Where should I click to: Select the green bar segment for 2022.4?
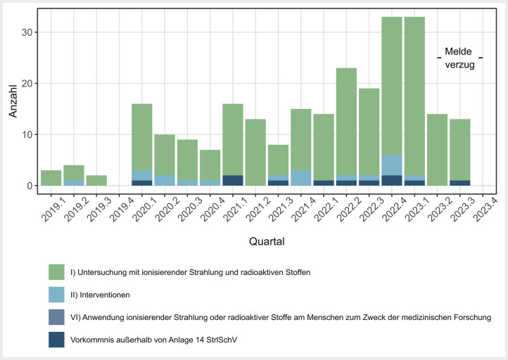click(x=392, y=86)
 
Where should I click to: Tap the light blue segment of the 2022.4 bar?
click(x=392, y=165)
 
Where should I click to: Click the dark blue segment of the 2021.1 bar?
click(x=233, y=180)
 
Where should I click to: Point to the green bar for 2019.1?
click(x=51, y=178)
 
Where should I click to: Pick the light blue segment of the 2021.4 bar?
click(x=301, y=178)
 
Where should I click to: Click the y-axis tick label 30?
click(x=27, y=32)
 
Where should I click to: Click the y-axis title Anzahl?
click(x=13, y=101)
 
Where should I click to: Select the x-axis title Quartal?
click(x=267, y=241)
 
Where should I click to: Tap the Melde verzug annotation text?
click(x=459, y=58)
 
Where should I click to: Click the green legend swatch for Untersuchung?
click(x=56, y=272)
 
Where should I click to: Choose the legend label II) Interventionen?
click(x=100, y=295)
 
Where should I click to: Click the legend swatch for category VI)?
click(x=56, y=317)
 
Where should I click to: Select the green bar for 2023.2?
click(x=437, y=150)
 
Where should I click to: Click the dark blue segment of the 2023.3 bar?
click(x=459, y=183)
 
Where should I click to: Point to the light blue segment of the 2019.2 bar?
click(x=74, y=183)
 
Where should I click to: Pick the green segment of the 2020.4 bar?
click(x=210, y=165)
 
